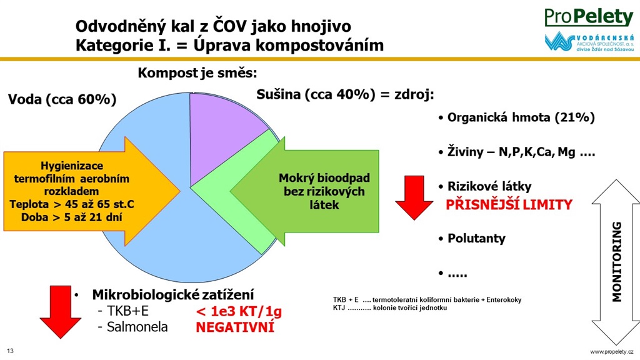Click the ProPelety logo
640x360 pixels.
(x=589, y=17)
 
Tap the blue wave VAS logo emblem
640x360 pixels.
(x=559, y=41)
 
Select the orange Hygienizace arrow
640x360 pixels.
(x=92, y=191)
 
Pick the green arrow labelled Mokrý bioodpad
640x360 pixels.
(x=304, y=191)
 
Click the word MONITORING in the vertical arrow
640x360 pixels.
(x=617, y=262)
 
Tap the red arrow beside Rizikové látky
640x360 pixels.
(x=414, y=198)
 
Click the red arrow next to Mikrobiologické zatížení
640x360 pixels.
(x=61, y=312)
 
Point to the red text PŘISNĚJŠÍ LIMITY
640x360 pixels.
(x=509, y=204)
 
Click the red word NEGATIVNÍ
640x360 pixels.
(x=235, y=327)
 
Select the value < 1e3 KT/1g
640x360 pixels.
(x=239, y=311)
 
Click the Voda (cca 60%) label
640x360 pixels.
(x=62, y=99)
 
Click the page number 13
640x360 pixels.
(x=10, y=351)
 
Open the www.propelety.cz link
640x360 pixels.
(x=612, y=352)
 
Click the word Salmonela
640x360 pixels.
(x=137, y=327)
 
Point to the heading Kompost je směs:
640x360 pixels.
(x=197, y=73)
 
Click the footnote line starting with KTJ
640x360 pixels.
(x=390, y=307)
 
